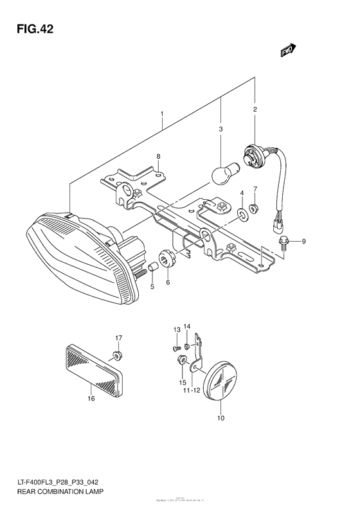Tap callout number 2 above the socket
255,110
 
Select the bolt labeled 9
283,242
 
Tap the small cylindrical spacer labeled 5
154,267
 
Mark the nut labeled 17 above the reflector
116,354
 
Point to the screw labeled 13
175,348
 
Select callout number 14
187,328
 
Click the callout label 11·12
191,390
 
